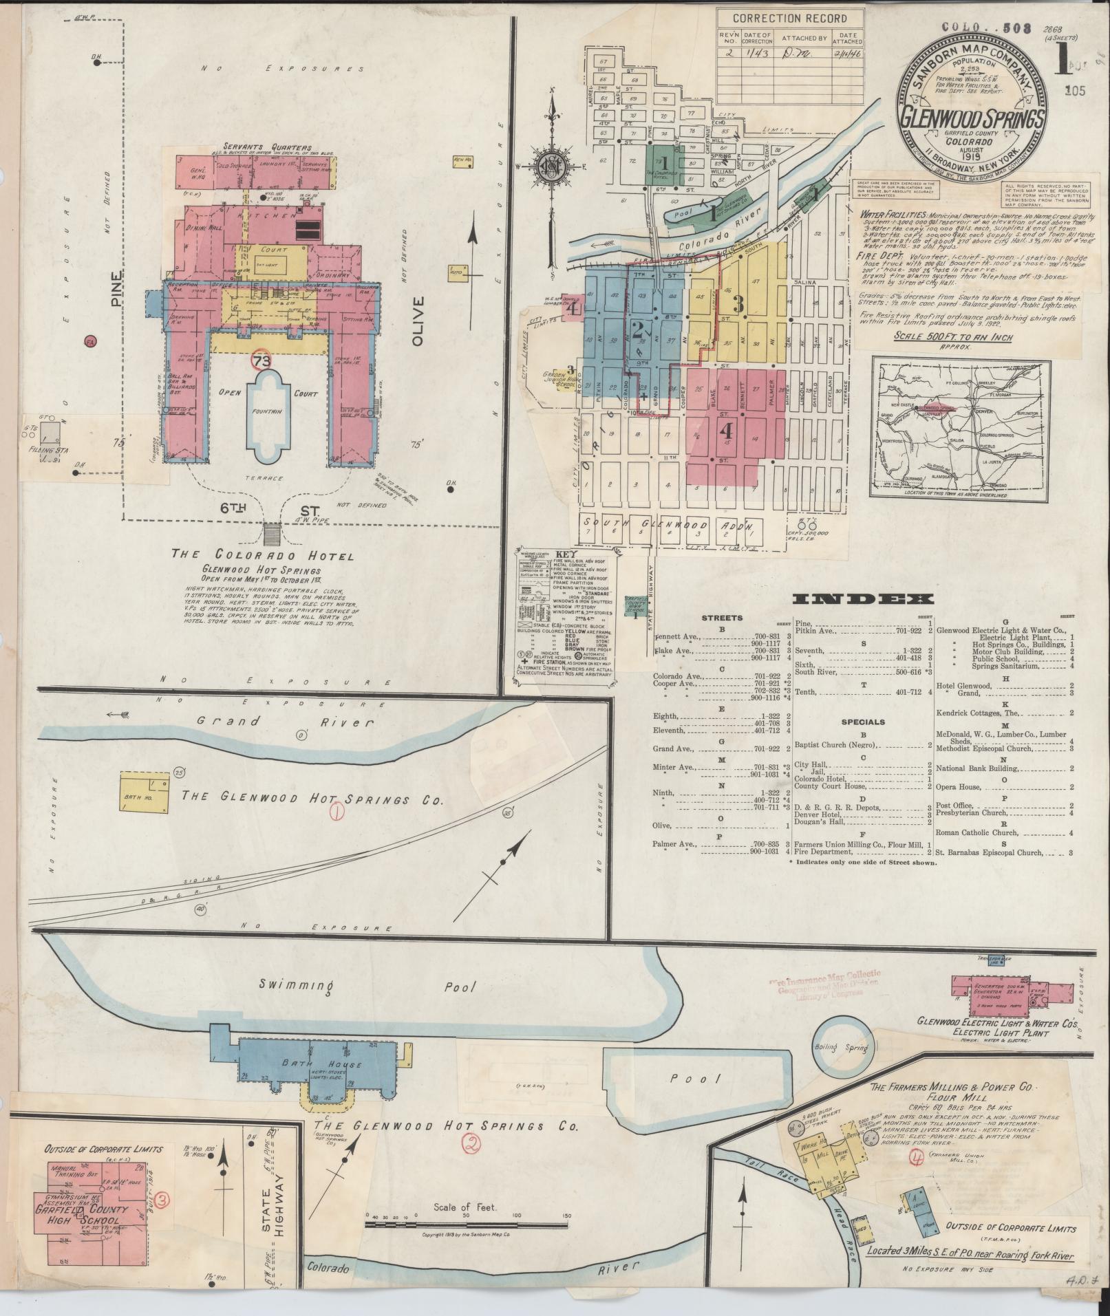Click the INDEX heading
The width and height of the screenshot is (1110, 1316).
click(864, 599)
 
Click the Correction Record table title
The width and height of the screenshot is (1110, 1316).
click(789, 19)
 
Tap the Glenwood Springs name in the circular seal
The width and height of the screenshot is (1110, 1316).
click(972, 118)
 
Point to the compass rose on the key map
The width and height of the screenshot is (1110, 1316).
click(551, 167)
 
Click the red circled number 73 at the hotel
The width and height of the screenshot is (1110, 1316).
click(262, 360)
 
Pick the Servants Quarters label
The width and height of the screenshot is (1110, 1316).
click(267, 147)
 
